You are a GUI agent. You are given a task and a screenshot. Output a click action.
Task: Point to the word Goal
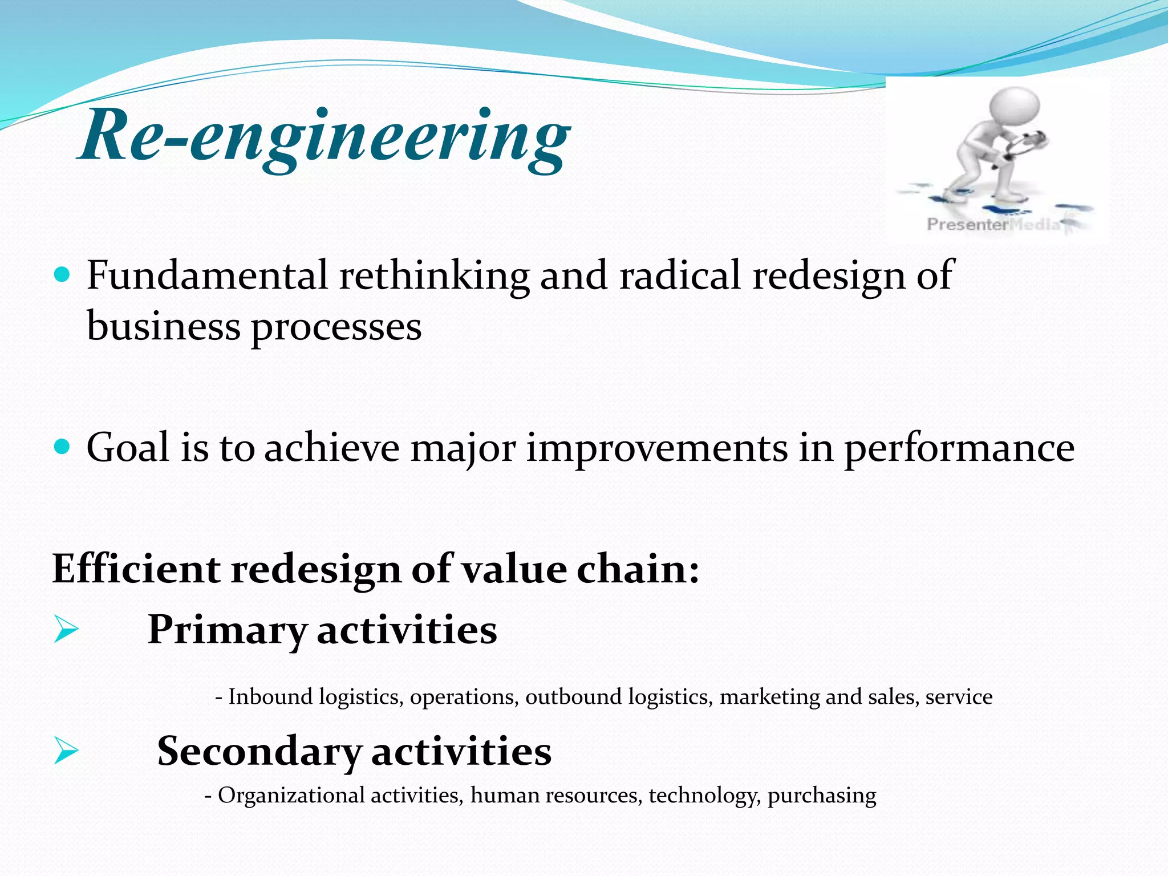coord(128,448)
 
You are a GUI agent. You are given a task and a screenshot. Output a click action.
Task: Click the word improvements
coord(656,449)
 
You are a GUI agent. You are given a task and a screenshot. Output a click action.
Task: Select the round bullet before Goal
coord(62,446)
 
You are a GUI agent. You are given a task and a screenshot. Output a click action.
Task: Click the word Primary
coord(227,631)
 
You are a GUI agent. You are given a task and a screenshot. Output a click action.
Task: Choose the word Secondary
coord(259,752)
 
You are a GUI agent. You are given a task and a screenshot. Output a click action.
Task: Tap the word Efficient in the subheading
coord(136,569)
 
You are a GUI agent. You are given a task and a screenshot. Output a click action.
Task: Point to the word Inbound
coord(270,697)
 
